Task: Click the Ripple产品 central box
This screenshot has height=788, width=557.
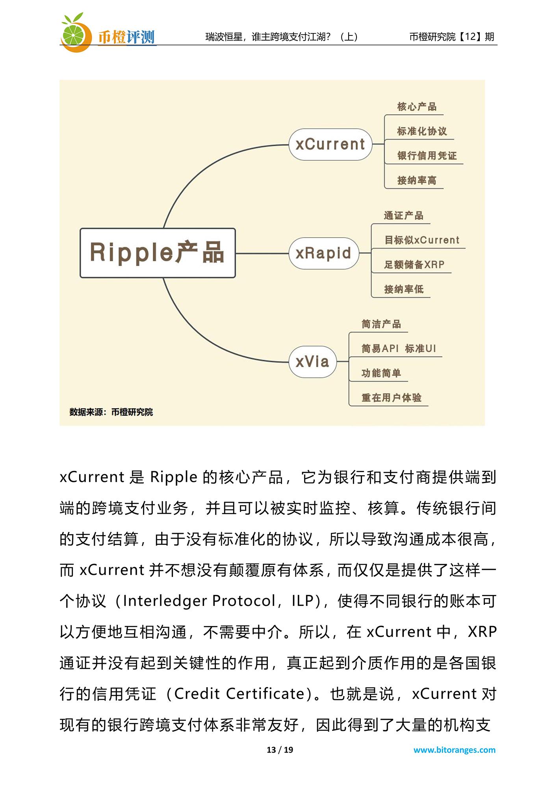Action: point(158,253)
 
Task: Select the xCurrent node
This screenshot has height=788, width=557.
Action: point(330,144)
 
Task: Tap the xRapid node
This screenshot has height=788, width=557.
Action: point(323,253)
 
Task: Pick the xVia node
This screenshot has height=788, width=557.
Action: point(312,362)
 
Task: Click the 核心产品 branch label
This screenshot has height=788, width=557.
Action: point(416,107)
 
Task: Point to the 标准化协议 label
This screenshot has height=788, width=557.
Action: point(422,131)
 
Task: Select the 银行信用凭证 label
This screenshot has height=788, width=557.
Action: point(427,156)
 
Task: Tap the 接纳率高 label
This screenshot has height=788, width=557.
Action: point(416,180)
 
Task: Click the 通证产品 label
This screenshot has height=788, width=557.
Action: point(403,216)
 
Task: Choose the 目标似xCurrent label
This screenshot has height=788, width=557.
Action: point(421,240)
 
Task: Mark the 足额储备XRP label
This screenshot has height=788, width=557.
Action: point(414,264)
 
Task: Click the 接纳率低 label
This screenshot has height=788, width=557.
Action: point(403,289)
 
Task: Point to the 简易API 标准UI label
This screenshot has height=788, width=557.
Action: point(399,349)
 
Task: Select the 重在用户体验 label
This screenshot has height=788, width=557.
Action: point(391,398)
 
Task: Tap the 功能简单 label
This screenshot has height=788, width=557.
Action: point(381,373)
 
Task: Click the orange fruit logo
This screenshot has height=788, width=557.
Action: point(74,33)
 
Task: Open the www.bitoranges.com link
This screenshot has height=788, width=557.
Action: point(454,750)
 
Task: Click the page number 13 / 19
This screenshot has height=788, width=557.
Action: point(280,750)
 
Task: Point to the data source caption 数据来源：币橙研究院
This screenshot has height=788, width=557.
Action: point(111,412)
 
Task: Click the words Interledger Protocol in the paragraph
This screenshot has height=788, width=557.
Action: point(199,601)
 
